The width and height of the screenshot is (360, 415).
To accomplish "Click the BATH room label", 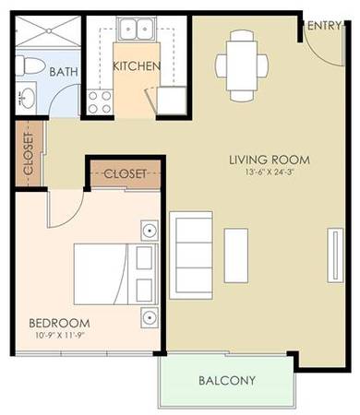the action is pos(64,72).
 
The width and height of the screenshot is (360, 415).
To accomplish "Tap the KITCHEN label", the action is pos(137,66).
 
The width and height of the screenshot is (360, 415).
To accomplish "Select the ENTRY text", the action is pos(324,26).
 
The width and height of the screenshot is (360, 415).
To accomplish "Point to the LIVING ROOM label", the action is pos(270,160).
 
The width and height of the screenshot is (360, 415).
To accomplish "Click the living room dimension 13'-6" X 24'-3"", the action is pos(269,172).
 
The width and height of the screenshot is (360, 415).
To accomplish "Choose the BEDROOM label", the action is pos(59,323).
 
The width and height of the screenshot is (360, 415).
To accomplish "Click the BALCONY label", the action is pos(227,381).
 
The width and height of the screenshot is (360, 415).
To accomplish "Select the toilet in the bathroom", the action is pos(30,65).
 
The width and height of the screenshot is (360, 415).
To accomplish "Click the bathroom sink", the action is pos(27,98).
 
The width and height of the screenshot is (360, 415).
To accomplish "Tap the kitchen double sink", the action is pos(136,29).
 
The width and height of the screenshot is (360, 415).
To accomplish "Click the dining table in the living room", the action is pos(242,65).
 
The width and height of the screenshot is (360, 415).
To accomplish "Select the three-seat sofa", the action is pos(191,255).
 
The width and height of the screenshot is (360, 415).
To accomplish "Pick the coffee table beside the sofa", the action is pos(236,255).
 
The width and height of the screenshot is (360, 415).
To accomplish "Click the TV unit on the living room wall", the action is pos(335,255).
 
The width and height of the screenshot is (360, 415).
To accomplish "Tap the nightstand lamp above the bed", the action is pos(150,231).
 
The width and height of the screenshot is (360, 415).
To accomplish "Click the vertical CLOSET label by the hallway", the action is pos(29,153).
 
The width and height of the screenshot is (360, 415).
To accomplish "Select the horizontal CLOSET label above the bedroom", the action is pos(125,174).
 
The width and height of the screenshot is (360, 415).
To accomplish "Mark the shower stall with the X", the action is pos(48,31).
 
